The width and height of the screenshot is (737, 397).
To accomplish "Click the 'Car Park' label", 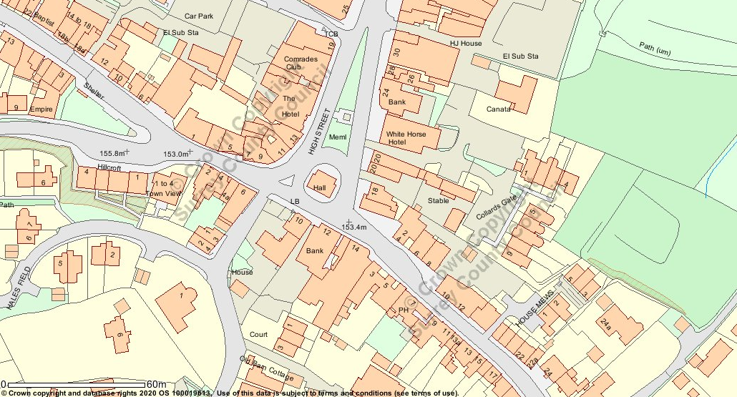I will tap(200, 16).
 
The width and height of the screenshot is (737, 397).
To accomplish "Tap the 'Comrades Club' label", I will tap(301, 63).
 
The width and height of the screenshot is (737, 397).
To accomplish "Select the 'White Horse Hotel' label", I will tap(406, 138).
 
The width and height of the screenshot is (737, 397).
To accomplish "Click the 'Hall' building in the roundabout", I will tap(319, 187).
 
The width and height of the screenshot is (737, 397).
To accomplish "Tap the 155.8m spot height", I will tap(114, 153).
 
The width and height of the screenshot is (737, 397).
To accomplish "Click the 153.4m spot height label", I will tap(353, 227).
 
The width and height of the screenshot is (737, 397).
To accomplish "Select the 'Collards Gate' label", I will tap(496, 208).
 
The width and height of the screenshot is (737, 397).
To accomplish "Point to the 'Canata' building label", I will tap(499, 109).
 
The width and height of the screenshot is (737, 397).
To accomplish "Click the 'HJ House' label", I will tap(466, 43).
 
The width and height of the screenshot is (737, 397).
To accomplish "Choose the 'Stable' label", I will tap(438, 200).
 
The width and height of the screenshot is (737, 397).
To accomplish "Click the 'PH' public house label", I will tap(403, 310).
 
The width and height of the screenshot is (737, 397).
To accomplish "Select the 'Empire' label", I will tap(41, 109).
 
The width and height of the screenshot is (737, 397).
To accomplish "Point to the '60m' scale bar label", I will tap(156, 385).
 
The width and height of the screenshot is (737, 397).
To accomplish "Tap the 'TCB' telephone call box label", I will tap(330, 34).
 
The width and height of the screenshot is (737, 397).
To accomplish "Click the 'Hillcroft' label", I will tap(109, 167).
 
